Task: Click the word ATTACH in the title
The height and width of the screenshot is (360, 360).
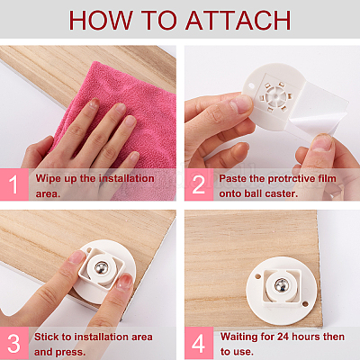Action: coord(238,20)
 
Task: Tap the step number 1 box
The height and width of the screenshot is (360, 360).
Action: coord(14,184)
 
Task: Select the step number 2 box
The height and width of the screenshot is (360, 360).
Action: coord(199,184)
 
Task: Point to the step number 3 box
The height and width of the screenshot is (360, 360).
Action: coord(14,343)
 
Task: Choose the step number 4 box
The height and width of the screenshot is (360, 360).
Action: coord(199,343)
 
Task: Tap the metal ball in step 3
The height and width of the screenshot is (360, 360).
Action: coord(101,268)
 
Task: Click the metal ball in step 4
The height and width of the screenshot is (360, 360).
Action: coord(282,284)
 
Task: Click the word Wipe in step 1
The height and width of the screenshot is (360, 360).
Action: coord(47,179)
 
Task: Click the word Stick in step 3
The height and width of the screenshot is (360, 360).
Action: coord(45,337)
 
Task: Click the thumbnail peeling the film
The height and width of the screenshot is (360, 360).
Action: coord(322,143)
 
